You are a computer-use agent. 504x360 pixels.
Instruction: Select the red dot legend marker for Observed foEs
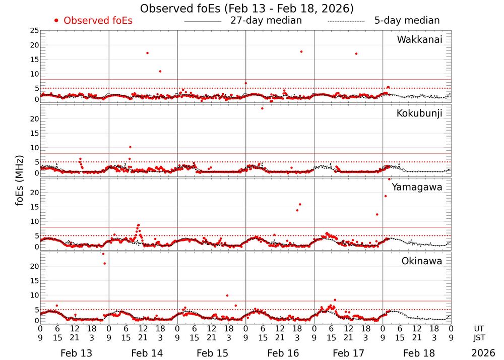tap(56, 21)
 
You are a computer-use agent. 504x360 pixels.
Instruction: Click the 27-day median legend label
tap(266, 21)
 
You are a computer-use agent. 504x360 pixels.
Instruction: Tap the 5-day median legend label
tap(407, 21)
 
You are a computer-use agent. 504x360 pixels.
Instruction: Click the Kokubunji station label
tap(419, 113)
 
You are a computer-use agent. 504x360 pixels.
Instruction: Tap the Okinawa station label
tap(422, 261)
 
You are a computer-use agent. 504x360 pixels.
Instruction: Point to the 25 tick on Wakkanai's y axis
tap(34, 31)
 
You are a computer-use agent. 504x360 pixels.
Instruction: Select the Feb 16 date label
tap(280, 353)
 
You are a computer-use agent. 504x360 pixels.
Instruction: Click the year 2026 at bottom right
tap(483, 353)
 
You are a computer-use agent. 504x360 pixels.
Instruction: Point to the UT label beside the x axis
tap(479, 328)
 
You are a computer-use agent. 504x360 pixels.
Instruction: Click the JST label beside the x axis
tap(479, 337)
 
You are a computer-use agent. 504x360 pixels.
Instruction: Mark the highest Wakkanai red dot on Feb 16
tap(301, 51)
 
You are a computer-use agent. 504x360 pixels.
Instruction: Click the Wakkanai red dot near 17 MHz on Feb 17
tap(356, 53)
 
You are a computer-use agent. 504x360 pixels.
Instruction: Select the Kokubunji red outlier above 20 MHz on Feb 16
tap(262, 108)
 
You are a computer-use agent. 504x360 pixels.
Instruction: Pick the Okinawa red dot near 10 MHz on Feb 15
tap(227, 295)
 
